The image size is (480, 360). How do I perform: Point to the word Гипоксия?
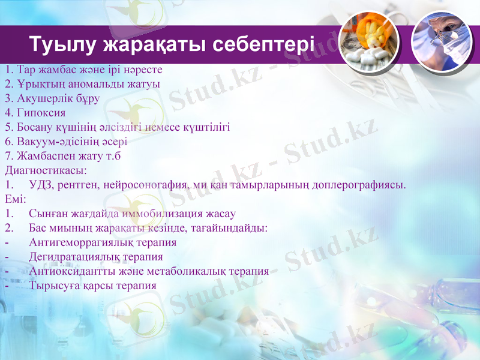point(40,113)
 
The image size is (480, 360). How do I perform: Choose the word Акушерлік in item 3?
point(41,98)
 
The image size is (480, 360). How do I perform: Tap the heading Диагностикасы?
point(45,170)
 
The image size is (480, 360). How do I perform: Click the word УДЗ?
point(40,185)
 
